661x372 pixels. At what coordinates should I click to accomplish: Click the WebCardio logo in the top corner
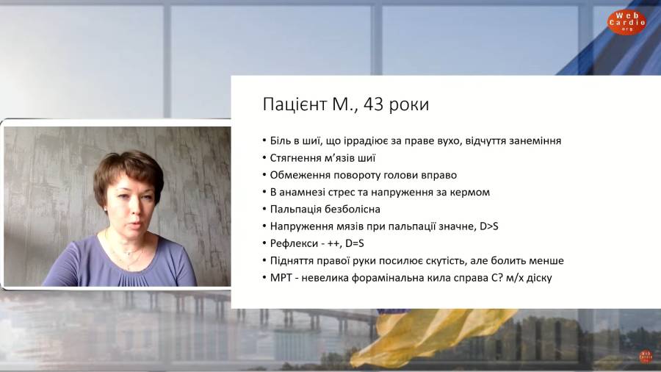[626, 22]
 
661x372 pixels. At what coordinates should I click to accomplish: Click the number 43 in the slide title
[373, 104]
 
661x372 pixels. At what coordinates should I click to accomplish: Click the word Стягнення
[295, 158]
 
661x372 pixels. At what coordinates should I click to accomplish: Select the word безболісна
[353, 210]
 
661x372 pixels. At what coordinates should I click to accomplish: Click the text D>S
[489, 226]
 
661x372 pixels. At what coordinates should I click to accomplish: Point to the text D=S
[355, 243]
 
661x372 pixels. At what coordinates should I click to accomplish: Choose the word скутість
[443, 261]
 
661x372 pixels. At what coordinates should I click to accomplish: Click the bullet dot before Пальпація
[264, 210]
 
